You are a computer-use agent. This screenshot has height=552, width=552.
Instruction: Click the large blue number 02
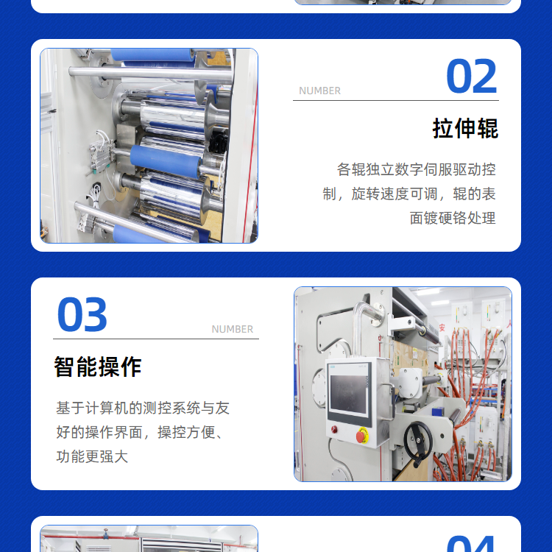click(471, 77)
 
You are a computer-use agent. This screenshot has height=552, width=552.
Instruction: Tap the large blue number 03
click(82, 314)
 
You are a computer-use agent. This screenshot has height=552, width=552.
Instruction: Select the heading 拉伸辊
click(465, 129)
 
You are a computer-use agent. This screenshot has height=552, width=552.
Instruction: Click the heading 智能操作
click(98, 367)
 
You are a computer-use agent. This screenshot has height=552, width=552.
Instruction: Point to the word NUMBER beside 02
click(319, 91)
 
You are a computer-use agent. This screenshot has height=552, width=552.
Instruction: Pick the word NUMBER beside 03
click(233, 329)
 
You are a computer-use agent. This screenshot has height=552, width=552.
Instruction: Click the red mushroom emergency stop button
click(361, 436)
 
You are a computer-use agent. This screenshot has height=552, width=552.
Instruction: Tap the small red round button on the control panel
click(334, 429)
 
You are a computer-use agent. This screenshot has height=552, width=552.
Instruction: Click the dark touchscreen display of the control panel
click(349, 394)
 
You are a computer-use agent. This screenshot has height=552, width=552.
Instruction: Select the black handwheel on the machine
click(418, 442)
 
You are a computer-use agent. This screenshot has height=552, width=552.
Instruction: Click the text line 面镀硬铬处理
click(453, 219)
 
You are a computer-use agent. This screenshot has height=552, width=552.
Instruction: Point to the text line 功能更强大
click(92, 456)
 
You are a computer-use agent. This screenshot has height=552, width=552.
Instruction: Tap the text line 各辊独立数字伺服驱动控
click(417, 170)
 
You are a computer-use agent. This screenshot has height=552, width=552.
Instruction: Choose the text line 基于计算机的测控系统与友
click(143, 408)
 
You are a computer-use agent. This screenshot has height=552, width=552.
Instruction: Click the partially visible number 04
click(471, 544)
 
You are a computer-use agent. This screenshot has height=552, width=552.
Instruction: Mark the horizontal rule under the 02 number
click(396, 100)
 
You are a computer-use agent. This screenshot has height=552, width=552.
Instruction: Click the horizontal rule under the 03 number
click(156, 339)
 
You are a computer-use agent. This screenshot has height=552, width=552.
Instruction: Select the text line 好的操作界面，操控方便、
click(139, 433)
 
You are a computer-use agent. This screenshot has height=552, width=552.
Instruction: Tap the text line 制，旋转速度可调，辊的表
click(409, 194)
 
